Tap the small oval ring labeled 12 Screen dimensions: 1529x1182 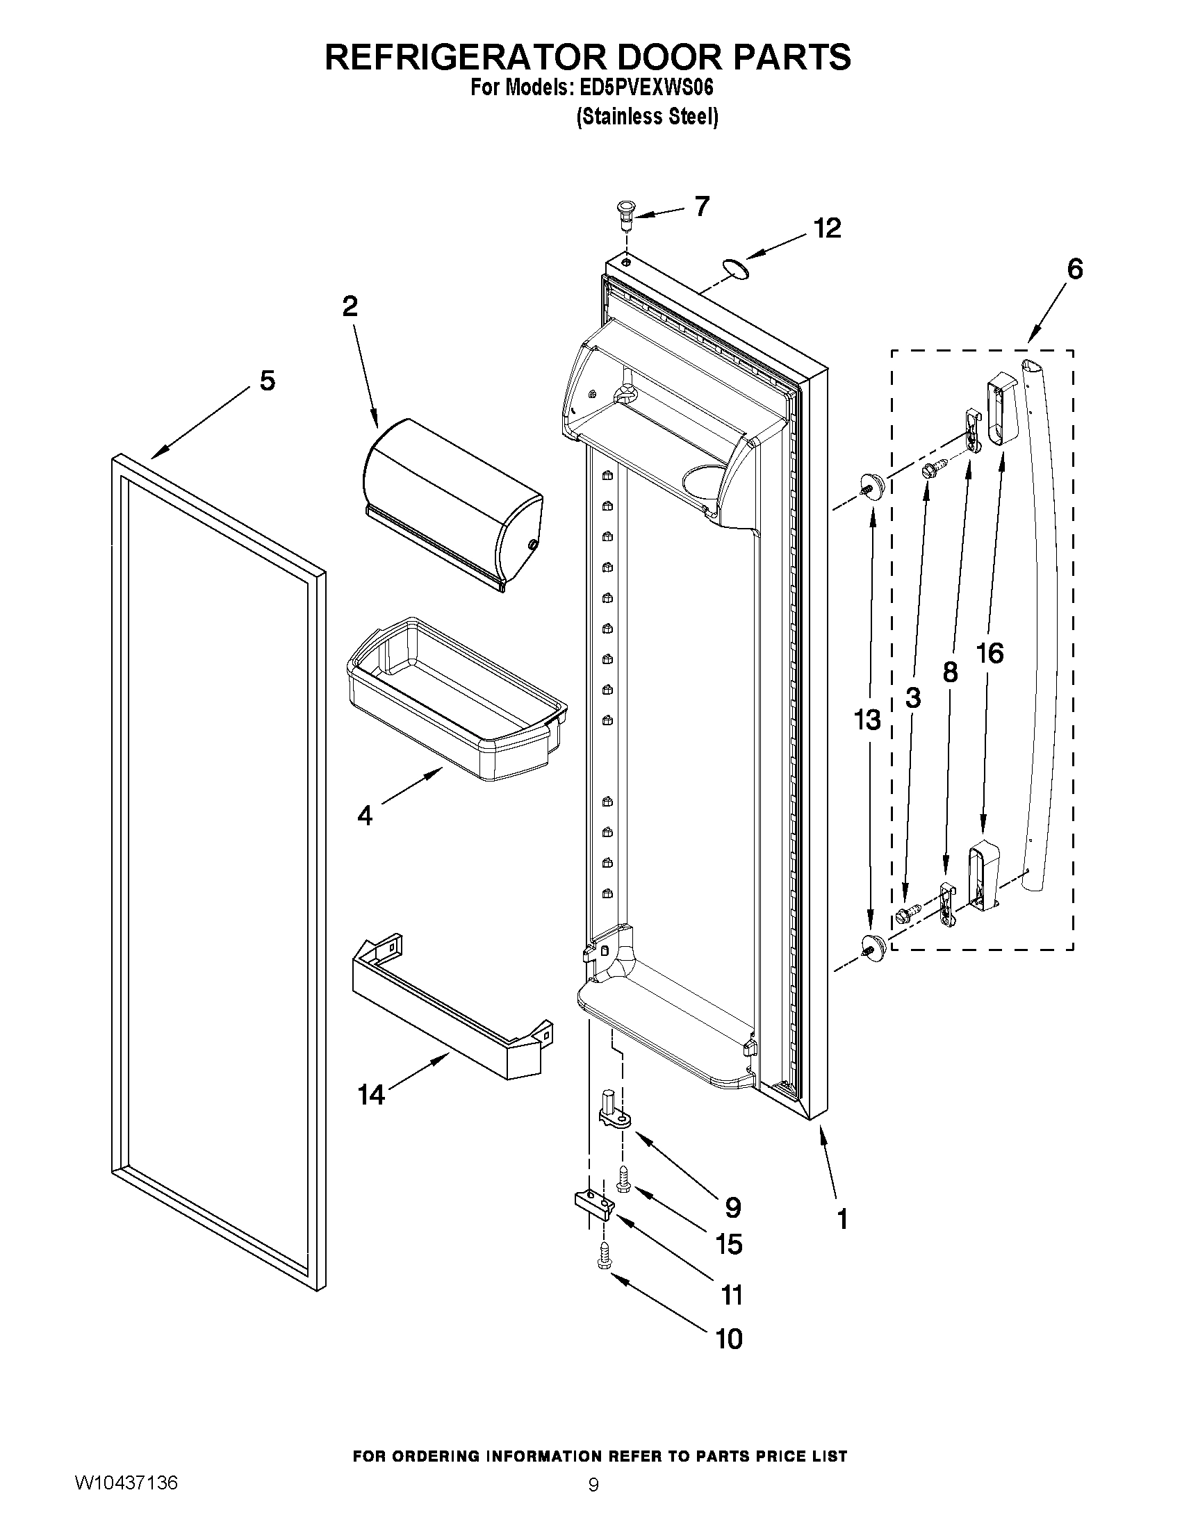pyautogui.click(x=734, y=268)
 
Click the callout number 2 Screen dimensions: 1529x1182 pyautogui.click(x=350, y=306)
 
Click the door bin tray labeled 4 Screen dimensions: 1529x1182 pyautogui.click(x=455, y=700)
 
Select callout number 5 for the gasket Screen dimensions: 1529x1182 pyautogui.click(x=268, y=381)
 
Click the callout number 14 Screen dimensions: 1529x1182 pyautogui.click(x=372, y=1094)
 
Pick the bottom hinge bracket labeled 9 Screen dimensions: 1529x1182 pyautogui.click(x=615, y=1111)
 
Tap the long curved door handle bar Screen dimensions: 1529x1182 pyautogui.click(x=1049, y=630)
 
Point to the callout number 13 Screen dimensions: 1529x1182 pyautogui.click(x=867, y=719)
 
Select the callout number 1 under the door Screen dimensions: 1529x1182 pyautogui.click(x=842, y=1219)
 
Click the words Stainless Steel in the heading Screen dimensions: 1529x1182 pyautogui.click(x=648, y=116)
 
